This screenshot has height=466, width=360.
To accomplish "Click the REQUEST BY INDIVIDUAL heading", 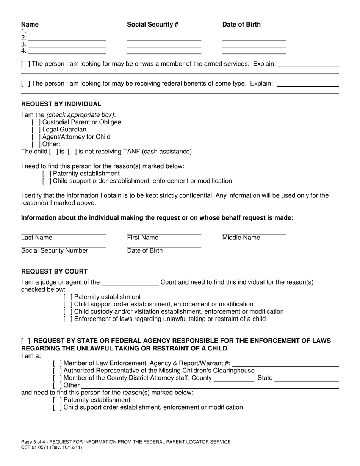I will (x=61, y=104).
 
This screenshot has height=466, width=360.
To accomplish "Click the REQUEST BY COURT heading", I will (x=54, y=271).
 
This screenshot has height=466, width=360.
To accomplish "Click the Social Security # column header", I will (x=153, y=25).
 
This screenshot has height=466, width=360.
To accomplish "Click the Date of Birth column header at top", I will (x=241, y=25).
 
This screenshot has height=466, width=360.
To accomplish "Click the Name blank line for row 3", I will (x=67, y=44).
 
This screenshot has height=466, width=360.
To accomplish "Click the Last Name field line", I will (x=63, y=232).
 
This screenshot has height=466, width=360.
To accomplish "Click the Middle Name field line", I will (x=254, y=232).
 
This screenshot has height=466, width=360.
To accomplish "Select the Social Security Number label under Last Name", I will (x=55, y=251).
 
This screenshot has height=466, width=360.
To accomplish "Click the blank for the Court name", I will (x=130, y=282).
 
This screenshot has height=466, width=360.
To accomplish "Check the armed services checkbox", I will (x=26, y=64).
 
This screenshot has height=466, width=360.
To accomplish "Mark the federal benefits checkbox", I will (x=26, y=84).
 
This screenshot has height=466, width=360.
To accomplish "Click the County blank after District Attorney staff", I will (x=234, y=378).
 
